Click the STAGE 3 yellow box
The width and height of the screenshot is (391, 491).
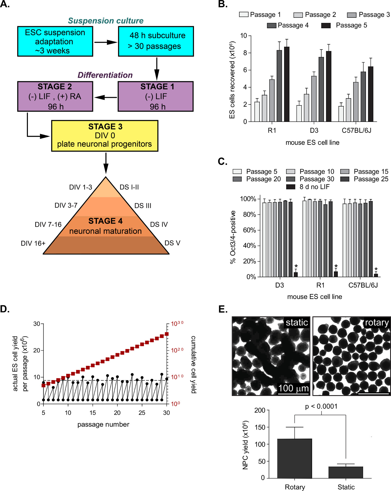pyautogui.click(x=105, y=136)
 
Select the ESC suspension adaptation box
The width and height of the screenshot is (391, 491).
pyautogui.click(x=55, y=41)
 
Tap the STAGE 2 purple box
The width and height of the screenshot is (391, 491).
pyautogui.click(x=55, y=96)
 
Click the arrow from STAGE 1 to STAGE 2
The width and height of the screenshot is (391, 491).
pyautogui.click(x=106, y=97)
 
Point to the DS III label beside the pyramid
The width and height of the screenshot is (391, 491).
pyautogui.click(x=143, y=206)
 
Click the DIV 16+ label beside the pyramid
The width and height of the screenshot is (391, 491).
pyautogui.click(x=33, y=243)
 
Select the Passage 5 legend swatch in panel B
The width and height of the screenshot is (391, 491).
pyautogui.click(x=326, y=25)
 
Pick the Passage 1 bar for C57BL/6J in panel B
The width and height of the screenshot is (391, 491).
pyautogui.click(x=341, y=114)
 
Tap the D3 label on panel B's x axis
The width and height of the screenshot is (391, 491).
pyautogui.click(x=314, y=130)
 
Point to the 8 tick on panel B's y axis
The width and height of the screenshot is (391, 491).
pyautogui.click(x=245, y=53)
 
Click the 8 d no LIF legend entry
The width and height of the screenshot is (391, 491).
pyautogui.click(x=308, y=187)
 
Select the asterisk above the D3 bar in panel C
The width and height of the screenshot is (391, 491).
pyautogui.click(x=296, y=266)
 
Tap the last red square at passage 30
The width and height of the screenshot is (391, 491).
pyautogui.click(x=167, y=334)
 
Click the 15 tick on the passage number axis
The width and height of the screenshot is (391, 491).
pyautogui.click(x=93, y=413)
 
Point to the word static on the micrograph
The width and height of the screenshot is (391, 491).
pyautogui.click(x=297, y=322)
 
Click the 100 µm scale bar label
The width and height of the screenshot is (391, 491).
pyautogui.click(x=293, y=388)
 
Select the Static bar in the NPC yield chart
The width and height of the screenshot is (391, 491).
pyautogui.click(x=346, y=472)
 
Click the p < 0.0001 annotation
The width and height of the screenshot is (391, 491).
pyautogui.click(x=321, y=406)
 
